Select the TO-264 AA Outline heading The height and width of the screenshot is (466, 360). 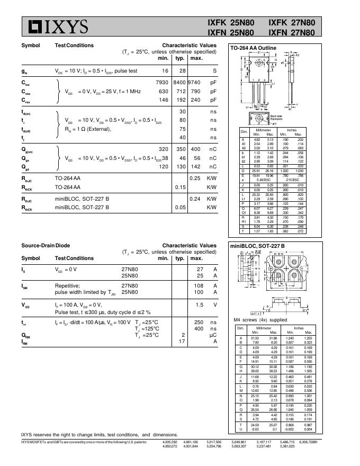(x=253, y=48)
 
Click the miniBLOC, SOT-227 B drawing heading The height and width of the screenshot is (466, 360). (x=257, y=246)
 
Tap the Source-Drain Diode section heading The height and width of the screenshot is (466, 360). (x=46, y=246)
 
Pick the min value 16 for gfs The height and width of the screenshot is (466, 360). (x=165, y=70)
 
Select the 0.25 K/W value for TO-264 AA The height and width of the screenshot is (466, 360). (x=195, y=178)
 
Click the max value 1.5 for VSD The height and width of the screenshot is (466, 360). (x=199, y=305)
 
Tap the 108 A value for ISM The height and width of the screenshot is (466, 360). (x=199, y=285)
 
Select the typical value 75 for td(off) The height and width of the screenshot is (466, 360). (x=182, y=129)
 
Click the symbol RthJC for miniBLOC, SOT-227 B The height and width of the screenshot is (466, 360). (x=28, y=199)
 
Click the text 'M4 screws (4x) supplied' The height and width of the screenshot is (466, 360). (x=260, y=320)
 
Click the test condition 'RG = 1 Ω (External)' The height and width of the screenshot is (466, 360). (x=88, y=129)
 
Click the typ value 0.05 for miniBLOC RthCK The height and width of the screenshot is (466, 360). (x=180, y=207)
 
